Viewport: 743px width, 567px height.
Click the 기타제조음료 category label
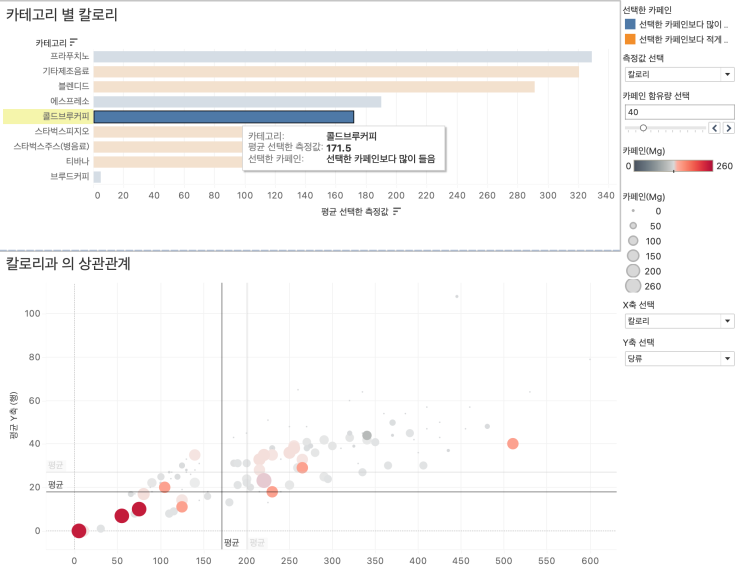click(x=65, y=72)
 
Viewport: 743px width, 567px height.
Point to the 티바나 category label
click(x=77, y=161)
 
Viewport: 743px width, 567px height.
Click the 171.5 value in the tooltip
click(x=340, y=147)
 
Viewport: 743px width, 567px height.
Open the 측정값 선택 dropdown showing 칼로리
click(x=678, y=74)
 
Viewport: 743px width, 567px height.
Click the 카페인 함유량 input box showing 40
click(x=678, y=112)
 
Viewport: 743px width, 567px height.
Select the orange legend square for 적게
click(x=629, y=39)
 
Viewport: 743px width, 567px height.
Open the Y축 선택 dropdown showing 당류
click(x=678, y=358)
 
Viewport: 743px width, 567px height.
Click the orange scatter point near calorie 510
click(x=512, y=443)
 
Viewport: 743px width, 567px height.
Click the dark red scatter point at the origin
click(x=78, y=530)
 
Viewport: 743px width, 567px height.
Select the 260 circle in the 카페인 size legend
click(x=632, y=286)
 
